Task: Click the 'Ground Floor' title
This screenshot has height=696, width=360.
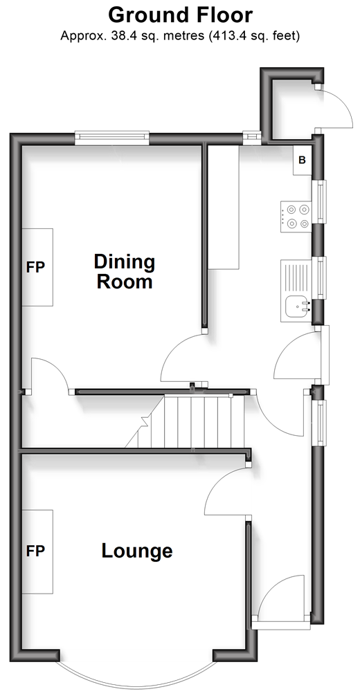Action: (180, 15)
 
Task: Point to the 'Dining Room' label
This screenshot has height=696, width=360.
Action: (125, 272)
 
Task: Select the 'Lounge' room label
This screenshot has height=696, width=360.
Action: (137, 551)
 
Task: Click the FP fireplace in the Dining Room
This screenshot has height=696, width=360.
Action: (38, 267)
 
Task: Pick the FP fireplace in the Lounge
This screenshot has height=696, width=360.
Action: (38, 551)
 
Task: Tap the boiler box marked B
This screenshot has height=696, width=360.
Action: (303, 161)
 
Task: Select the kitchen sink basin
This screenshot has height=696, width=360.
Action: (296, 306)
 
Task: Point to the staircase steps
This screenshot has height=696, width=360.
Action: (191, 422)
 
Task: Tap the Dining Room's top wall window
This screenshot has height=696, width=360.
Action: (112, 138)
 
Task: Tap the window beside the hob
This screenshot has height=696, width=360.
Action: (320, 201)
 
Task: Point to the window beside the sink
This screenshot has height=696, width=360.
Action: (320, 278)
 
